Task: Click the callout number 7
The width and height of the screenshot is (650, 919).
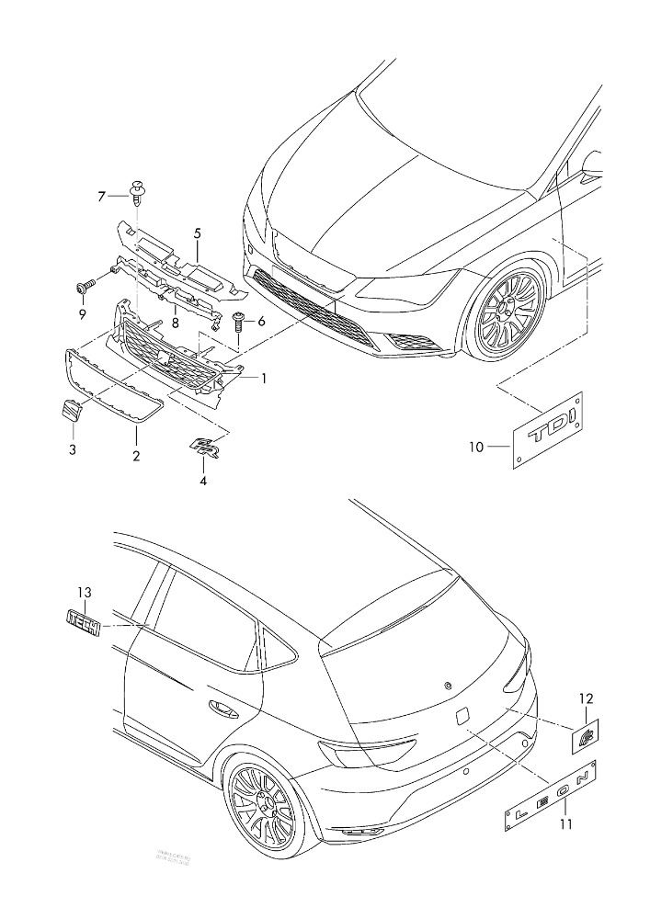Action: pos(102,196)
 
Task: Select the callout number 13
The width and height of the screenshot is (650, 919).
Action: pos(85,593)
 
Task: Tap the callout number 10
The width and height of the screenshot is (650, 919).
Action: pos(476,448)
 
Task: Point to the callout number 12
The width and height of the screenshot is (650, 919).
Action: pos(586,700)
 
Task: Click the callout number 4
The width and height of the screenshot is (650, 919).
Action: pos(203,480)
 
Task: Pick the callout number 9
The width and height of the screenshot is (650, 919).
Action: pos(82,314)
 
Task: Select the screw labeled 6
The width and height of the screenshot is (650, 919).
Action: pos(237,323)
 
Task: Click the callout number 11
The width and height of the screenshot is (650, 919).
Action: pos(566,824)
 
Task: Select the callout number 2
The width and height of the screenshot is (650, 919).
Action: pos(136,456)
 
